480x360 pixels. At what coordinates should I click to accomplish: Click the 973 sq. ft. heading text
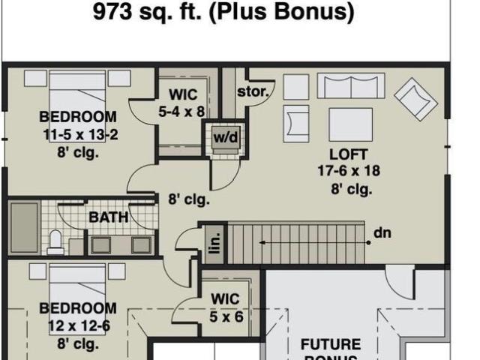pyautogui.click(x=223, y=12)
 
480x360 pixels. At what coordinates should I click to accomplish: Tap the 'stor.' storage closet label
pyautogui.click(x=253, y=91)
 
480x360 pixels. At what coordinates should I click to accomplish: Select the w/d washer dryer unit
pyautogui.click(x=226, y=140)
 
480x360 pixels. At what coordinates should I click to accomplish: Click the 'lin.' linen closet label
pyautogui.click(x=215, y=243)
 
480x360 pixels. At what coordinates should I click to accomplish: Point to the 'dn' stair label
pyautogui.click(x=382, y=233)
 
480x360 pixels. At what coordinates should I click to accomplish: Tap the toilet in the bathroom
pyautogui.click(x=55, y=242)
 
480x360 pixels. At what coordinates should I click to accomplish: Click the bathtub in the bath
pyautogui.click(x=25, y=228)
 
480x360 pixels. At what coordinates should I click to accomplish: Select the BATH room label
pyautogui.click(x=109, y=217)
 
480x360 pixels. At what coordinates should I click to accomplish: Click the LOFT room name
pyautogui.click(x=348, y=154)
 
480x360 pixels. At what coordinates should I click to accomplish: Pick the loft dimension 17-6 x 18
pyautogui.click(x=349, y=171)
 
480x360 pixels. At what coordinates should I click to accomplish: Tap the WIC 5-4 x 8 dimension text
pyautogui.click(x=181, y=112)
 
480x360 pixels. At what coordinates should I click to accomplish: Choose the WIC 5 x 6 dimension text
pyautogui.click(x=226, y=316)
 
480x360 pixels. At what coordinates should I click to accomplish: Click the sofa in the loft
pyautogui.click(x=351, y=85)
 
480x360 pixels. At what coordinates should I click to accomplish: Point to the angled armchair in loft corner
pyautogui.click(x=416, y=99)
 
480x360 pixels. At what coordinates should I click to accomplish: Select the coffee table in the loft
pyautogui.click(x=351, y=124)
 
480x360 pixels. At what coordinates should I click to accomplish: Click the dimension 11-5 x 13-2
pyautogui.click(x=80, y=135)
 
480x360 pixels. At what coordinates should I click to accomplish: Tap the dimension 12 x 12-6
pyautogui.click(x=79, y=326)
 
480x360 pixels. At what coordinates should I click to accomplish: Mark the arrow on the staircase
pyautogui.click(x=315, y=243)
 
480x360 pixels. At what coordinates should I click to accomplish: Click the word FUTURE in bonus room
pyautogui.click(x=331, y=345)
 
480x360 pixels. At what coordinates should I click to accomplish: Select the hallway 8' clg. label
pyautogui.click(x=189, y=200)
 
